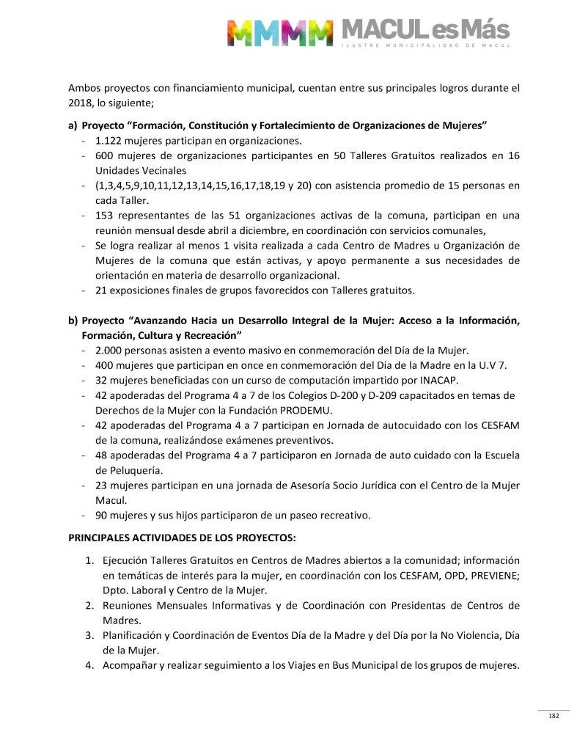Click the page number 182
pyautogui.click(x=554, y=716)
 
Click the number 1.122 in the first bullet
pyautogui.click(x=109, y=141)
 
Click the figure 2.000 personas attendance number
pyautogui.click(x=110, y=351)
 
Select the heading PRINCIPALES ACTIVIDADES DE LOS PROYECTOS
pyautogui.click(x=182, y=538)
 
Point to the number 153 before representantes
pyautogui.click(x=104, y=216)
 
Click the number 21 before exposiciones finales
pyautogui.click(x=101, y=290)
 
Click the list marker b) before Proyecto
pyautogui.click(x=73, y=320)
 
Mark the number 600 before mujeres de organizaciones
pyautogui.click(x=104, y=155)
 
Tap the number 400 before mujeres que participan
pyautogui.click(x=104, y=365)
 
